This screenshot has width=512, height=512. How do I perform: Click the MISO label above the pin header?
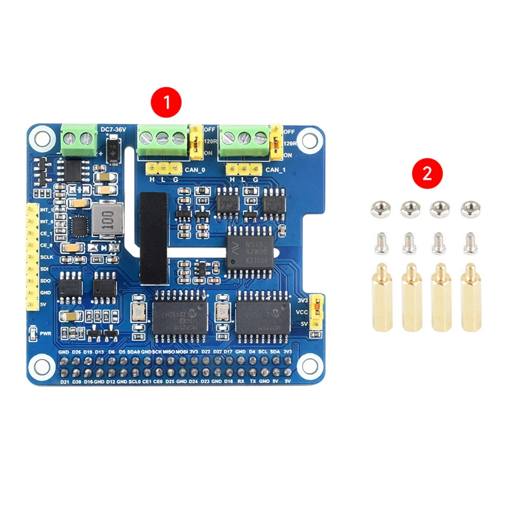pos(168,352)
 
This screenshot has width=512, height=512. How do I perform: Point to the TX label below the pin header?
pos(252,381)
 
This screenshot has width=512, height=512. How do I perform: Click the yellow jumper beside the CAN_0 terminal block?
pos(195,142)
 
